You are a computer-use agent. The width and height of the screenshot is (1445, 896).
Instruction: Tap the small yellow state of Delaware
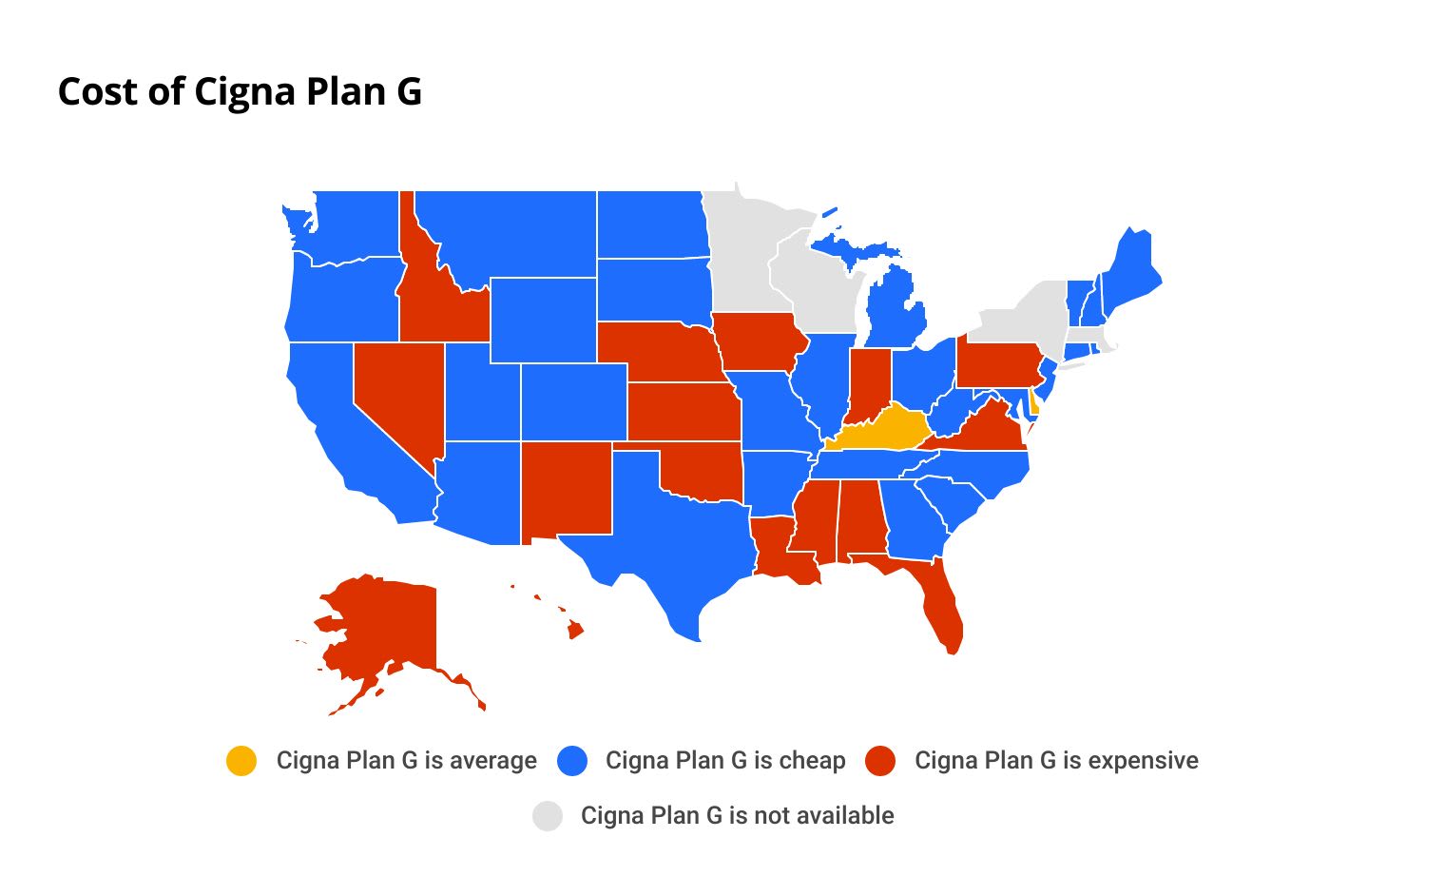(1033, 406)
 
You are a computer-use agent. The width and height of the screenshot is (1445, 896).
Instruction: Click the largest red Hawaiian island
(575, 630)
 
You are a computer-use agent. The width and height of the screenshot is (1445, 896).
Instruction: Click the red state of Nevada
(395, 390)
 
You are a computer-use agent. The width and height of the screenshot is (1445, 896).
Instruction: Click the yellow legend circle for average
(241, 761)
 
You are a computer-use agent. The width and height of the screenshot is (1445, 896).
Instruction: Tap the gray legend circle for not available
(547, 816)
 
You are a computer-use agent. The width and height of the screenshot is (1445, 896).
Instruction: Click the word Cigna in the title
(244, 91)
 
